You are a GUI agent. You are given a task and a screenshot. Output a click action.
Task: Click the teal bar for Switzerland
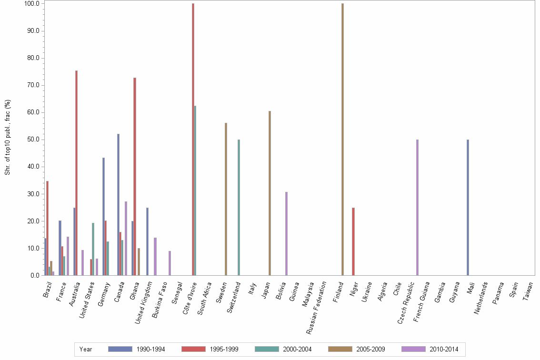(x=239, y=207)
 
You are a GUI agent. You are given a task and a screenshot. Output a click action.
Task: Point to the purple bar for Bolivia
(x=286, y=233)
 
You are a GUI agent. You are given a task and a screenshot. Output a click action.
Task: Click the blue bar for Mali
(x=468, y=207)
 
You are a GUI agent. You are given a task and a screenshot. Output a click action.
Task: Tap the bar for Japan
(x=270, y=193)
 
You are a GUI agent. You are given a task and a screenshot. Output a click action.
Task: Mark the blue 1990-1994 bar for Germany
(x=103, y=217)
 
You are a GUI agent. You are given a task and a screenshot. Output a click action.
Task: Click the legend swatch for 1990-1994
(x=120, y=349)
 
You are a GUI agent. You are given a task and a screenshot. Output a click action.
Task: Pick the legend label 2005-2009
(x=371, y=349)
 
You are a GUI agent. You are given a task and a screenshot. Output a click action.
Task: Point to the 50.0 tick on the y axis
(x=33, y=140)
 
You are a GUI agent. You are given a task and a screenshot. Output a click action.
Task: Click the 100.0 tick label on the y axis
(x=32, y=4)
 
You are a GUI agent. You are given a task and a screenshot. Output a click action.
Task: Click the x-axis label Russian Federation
(x=317, y=300)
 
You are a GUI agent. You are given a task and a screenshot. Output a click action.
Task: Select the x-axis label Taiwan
(x=528, y=291)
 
